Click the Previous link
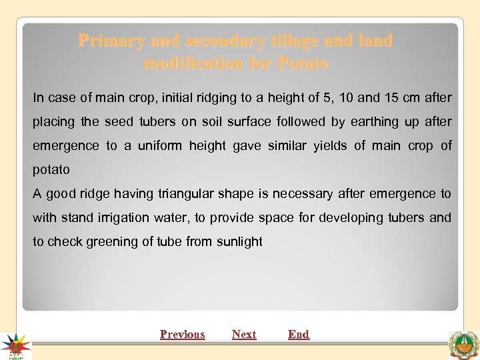click(182, 335)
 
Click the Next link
click(244, 335)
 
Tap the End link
click(299, 335)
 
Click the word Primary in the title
click(111, 41)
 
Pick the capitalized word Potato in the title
click(303, 64)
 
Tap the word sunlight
click(239, 242)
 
